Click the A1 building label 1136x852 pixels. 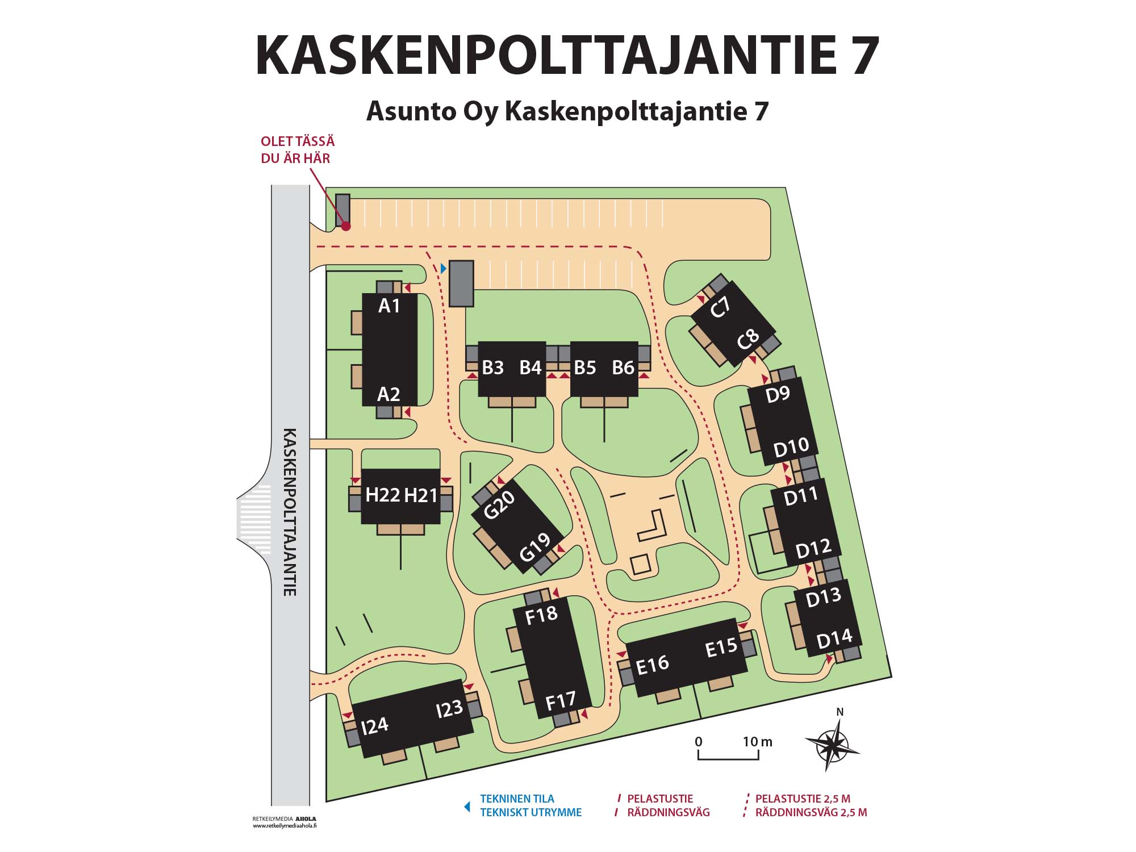389,306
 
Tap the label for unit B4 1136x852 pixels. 531,368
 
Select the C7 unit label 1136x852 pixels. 720,308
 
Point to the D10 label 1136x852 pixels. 791,448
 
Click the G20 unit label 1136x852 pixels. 499,504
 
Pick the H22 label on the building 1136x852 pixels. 382,495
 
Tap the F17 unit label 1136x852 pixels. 561,701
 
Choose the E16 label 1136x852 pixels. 653,665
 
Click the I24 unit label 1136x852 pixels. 374,725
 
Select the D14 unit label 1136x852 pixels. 834,640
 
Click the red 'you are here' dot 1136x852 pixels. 345,226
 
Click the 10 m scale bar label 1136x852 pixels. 758,741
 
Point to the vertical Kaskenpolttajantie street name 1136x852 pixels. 290,511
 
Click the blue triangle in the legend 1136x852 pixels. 467,806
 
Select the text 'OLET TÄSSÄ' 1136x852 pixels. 297,141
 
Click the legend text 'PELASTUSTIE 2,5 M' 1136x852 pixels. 802,799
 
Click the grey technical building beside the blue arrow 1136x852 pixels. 461,283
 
